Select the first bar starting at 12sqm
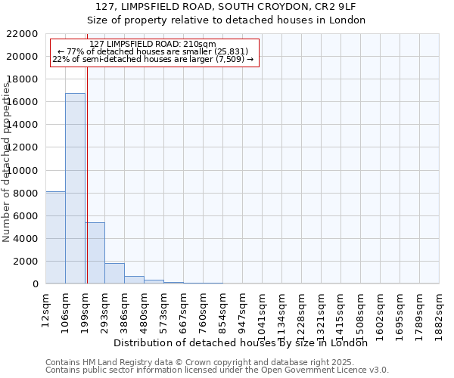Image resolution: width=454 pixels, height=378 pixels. [55, 237]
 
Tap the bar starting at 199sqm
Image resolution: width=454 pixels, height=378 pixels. [95, 253]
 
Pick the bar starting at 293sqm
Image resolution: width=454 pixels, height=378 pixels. [114, 274]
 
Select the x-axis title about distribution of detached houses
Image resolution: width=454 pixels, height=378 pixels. [245, 342]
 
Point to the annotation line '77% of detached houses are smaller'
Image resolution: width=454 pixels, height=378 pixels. [154, 51]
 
